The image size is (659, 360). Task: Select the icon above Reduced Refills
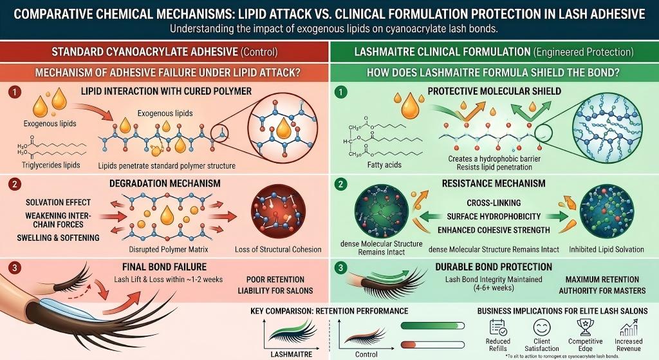click(499, 327)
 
